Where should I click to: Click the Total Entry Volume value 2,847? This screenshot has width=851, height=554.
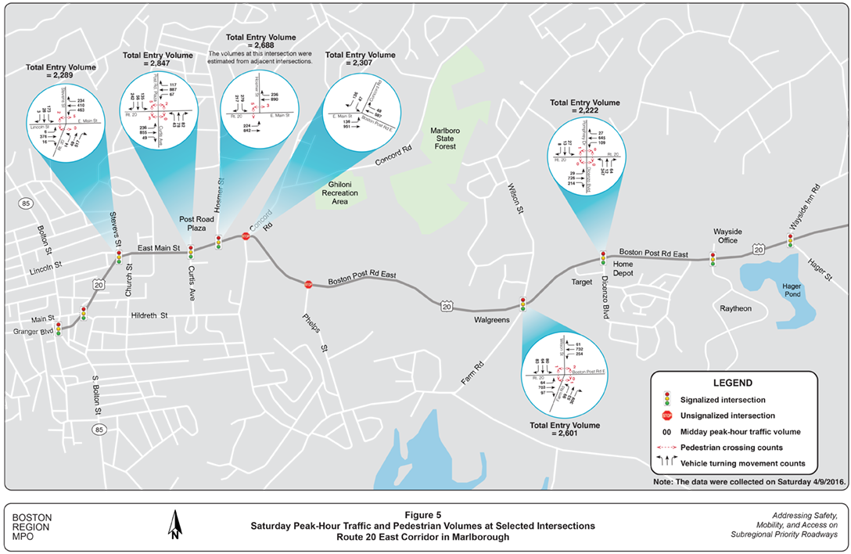click(159, 66)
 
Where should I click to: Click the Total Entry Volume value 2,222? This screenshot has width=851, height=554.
click(584, 112)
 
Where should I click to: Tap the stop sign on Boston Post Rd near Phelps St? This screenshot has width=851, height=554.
click(308, 285)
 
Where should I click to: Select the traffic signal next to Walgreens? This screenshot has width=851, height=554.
click(522, 303)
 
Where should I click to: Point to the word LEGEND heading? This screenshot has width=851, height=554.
click(732, 383)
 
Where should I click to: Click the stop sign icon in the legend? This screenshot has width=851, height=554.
click(667, 415)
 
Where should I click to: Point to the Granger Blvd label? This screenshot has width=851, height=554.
click(27, 332)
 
